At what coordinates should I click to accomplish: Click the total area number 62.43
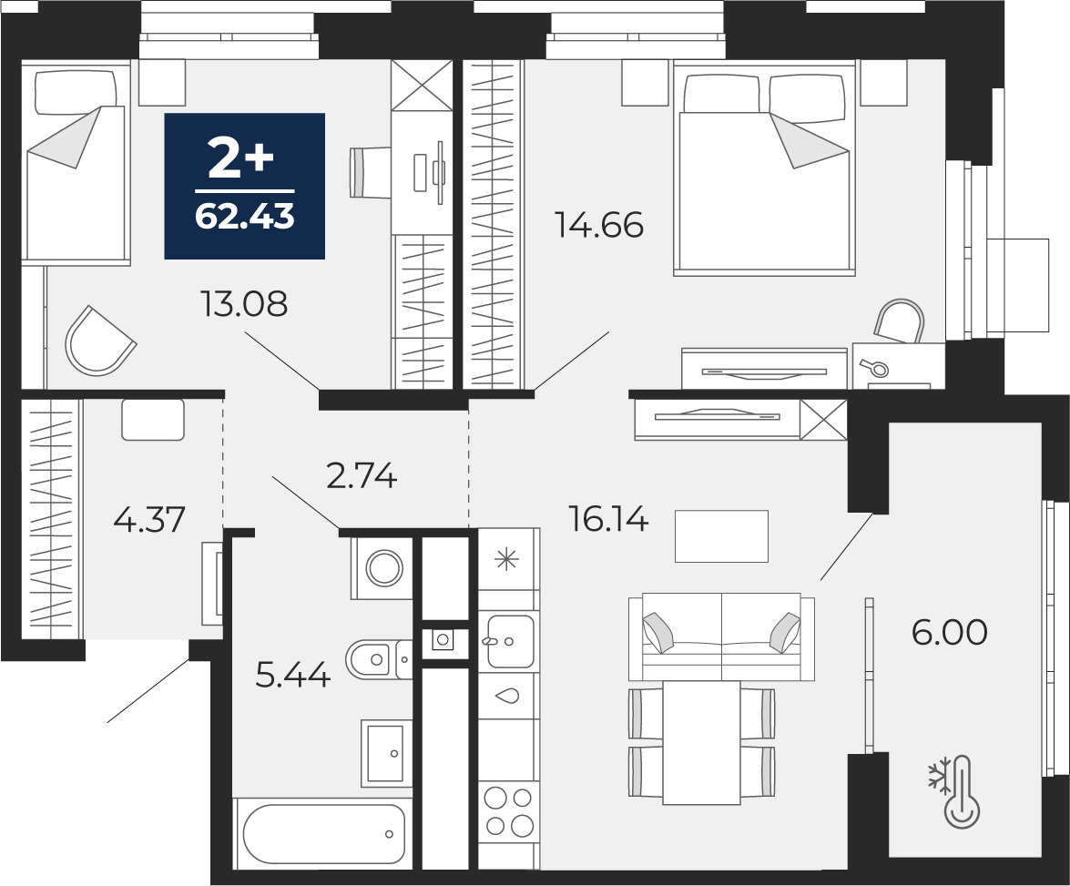244,217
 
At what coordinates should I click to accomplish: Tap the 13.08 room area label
244,304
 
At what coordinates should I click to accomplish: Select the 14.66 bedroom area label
600,225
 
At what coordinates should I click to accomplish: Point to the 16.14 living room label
608,521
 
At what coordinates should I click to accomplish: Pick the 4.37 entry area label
149,519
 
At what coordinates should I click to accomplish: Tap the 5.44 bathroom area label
292,676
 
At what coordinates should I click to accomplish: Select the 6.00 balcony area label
949,632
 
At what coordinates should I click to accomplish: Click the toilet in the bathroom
378,659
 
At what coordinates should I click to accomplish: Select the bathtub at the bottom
323,833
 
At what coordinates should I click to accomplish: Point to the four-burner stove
508,811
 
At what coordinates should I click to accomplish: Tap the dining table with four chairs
701,742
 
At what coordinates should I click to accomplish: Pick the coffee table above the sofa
721,536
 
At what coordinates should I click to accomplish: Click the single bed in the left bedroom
76,162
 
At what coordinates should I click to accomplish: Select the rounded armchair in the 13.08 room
100,341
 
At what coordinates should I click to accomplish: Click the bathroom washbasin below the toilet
385,751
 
